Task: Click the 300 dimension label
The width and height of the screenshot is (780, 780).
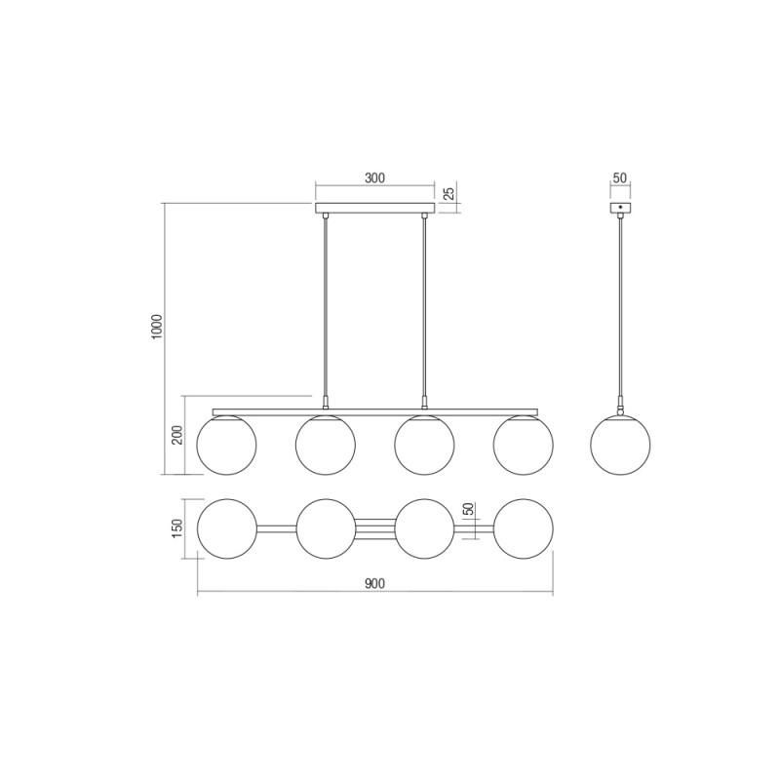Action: tap(374, 177)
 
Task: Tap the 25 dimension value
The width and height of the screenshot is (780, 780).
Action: tap(448, 193)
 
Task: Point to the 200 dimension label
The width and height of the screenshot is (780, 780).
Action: tap(177, 435)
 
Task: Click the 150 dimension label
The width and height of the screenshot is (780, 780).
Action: tap(177, 527)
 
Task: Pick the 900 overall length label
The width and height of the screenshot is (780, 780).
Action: tap(374, 584)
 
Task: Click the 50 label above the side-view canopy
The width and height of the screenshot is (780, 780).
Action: tap(620, 178)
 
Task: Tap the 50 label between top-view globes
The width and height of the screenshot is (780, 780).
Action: tap(468, 510)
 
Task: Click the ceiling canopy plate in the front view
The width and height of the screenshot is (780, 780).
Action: tap(374, 208)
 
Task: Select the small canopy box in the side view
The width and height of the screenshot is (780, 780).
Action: tap(620, 208)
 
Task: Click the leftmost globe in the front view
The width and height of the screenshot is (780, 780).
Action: tap(226, 446)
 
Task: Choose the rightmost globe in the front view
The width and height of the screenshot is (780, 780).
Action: tap(523, 446)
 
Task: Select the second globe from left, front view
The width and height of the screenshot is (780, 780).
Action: tap(326, 446)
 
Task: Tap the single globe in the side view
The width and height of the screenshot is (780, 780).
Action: tap(620, 446)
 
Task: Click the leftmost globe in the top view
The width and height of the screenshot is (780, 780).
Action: tap(226, 528)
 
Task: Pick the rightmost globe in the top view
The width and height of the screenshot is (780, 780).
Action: tap(523, 528)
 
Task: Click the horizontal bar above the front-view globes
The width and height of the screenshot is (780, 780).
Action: tap(374, 410)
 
